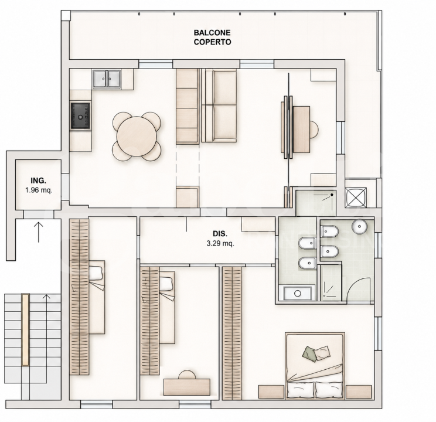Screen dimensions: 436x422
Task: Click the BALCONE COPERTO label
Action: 213,38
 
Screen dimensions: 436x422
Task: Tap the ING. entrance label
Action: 39,181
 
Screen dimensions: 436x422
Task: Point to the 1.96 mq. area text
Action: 39,190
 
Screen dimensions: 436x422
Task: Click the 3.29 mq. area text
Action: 220,244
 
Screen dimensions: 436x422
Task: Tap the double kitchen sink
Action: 107,79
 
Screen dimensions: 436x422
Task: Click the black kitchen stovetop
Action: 80,116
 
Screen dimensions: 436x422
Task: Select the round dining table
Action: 137,137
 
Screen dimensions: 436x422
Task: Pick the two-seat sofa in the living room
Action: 219,105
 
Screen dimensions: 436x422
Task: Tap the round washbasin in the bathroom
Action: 359,227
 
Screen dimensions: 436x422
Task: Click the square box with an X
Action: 356,198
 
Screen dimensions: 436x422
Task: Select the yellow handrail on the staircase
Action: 25,330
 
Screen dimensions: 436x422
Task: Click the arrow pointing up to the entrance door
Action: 38,232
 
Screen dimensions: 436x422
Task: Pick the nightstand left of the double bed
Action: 271,392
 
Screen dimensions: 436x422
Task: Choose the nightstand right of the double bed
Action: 359,392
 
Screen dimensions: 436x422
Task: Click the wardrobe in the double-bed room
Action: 232,333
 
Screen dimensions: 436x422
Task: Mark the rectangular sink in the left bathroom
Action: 297,293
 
